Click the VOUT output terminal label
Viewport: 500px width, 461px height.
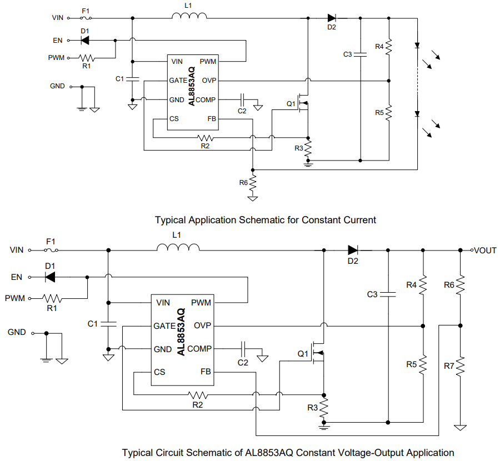pyautogui.click(x=485, y=250)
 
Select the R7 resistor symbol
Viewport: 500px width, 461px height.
pyautogui.click(x=460, y=366)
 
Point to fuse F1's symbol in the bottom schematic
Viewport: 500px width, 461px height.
pyautogui.click(x=51, y=250)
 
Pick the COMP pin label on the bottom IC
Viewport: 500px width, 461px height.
pyautogui.click(x=199, y=349)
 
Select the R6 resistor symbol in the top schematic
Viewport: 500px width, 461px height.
pyautogui.click(x=253, y=182)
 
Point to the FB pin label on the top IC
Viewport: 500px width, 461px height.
pyautogui.click(x=212, y=119)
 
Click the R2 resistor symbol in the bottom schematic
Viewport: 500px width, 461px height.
pyautogui.click(x=198, y=395)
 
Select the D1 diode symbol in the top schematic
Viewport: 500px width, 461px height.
pyautogui.click(x=85, y=40)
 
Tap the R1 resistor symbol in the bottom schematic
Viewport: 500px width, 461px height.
pyautogui.click(x=53, y=298)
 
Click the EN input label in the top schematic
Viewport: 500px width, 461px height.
pyautogui.click(x=57, y=40)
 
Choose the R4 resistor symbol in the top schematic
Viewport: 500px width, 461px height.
pyautogui.click(x=389, y=46)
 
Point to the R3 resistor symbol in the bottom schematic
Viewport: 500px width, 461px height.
pyautogui.click(x=324, y=408)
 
